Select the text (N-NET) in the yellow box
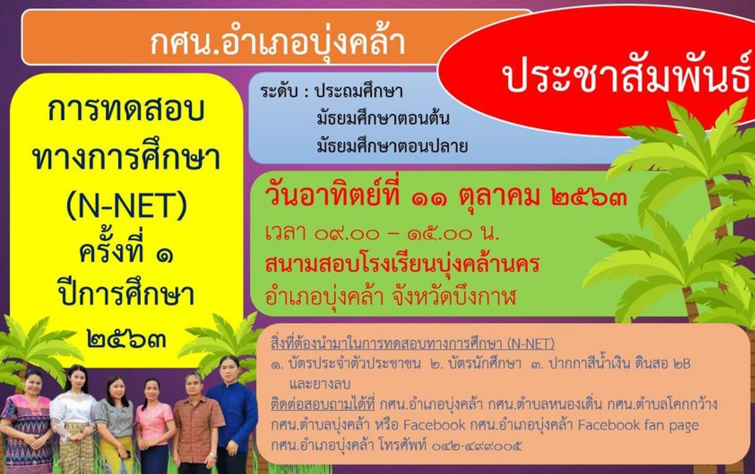tap(126, 205)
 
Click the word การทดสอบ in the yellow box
tap(126, 110)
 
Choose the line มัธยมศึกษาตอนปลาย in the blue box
tap(392, 146)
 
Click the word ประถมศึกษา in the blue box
tap(359, 91)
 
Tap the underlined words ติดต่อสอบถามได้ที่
tap(323, 405)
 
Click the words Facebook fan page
tap(638, 425)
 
